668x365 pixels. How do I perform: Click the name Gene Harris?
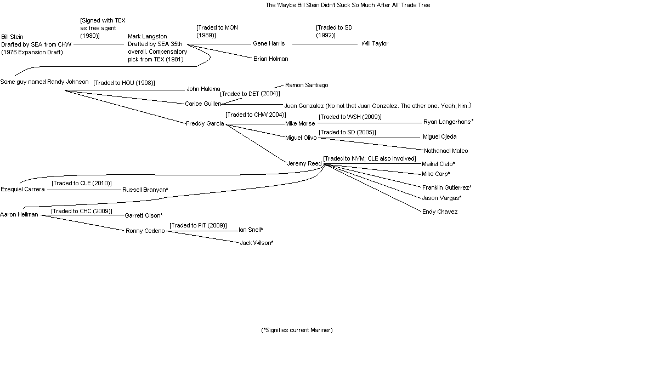click(x=269, y=43)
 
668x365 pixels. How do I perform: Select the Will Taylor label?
click(x=375, y=43)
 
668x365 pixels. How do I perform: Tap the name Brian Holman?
click(x=270, y=59)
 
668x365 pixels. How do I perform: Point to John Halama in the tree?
click(x=203, y=89)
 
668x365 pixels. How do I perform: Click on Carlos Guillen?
click(x=203, y=104)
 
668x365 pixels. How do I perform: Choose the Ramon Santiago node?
click(x=307, y=85)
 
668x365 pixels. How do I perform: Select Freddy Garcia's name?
click(x=205, y=123)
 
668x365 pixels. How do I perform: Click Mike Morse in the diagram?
click(x=300, y=123)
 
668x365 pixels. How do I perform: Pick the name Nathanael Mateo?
click(x=446, y=151)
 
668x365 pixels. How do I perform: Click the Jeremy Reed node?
click(x=304, y=163)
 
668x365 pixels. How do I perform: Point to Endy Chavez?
click(x=439, y=212)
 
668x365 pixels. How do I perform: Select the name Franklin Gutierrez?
click(x=446, y=187)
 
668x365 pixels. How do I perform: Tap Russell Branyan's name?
click(x=145, y=190)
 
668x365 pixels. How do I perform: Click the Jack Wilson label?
click(x=256, y=243)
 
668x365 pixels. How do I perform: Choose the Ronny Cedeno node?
click(x=145, y=231)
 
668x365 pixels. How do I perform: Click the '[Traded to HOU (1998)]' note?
click(x=124, y=83)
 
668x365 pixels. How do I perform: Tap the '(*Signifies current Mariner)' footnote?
click(x=297, y=330)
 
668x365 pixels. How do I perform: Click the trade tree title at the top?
click(x=348, y=5)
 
